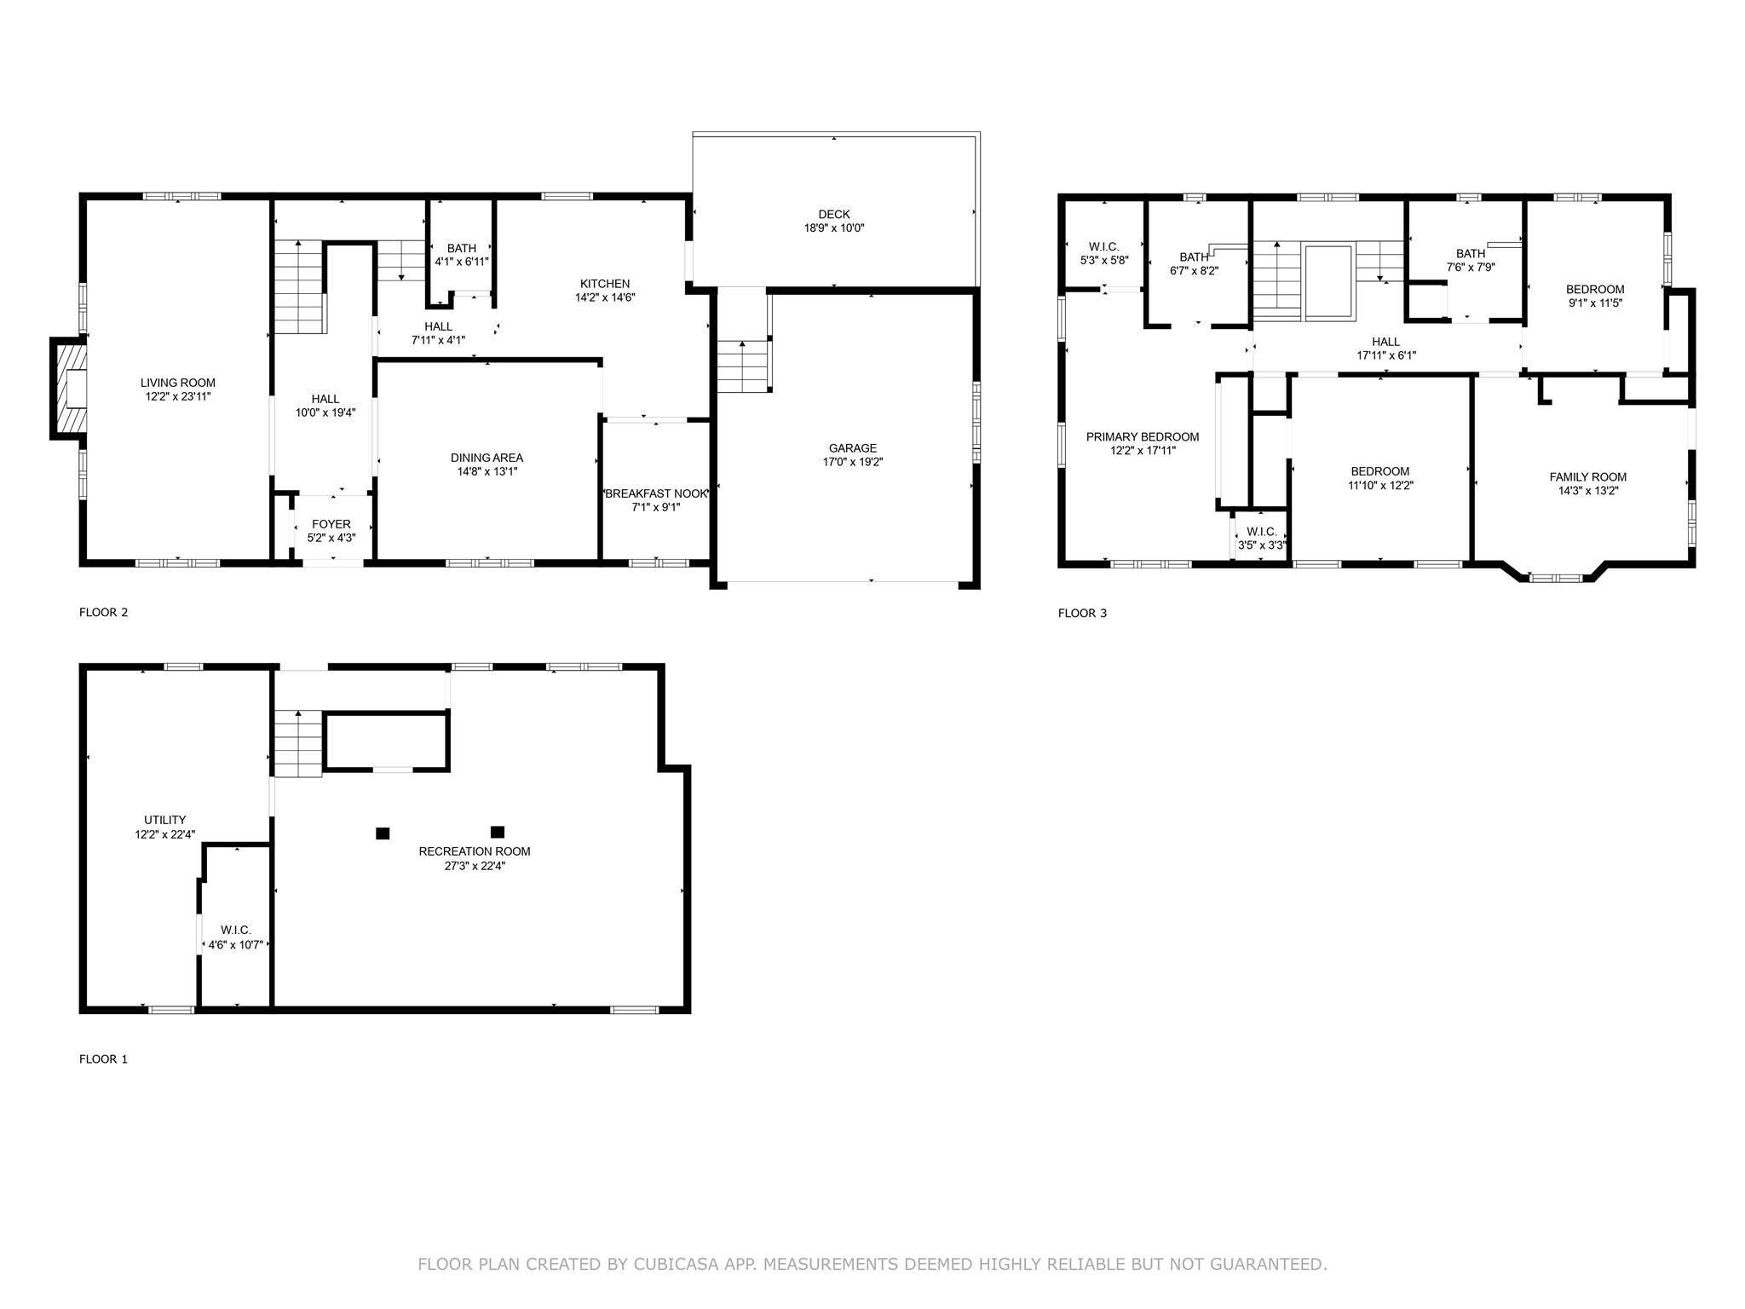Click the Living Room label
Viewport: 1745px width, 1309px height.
pyautogui.click(x=178, y=383)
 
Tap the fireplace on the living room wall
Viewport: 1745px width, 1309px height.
pyautogui.click(x=68, y=389)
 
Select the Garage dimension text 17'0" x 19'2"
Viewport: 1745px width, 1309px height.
pyautogui.click(x=853, y=462)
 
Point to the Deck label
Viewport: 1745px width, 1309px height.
pyautogui.click(x=834, y=215)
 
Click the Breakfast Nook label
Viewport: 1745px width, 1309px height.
pyautogui.click(x=656, y=494)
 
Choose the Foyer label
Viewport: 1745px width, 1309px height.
pyautogui.click(x=331, y=525)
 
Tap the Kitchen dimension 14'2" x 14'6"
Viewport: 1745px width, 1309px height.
pyautogui.click(x=605, y=297)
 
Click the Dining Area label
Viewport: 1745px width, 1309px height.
pyautogui.click(x=487, y=458)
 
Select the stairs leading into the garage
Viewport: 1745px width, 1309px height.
pyautogui.click(x=744, y=366)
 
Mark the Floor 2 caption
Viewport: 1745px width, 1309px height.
pyautogui.click(x=104, y=612)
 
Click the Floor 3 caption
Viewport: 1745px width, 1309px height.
pyautogui.click(x=1083, y=613)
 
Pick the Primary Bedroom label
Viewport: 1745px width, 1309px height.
pyautogui.click(x=1143, y=437)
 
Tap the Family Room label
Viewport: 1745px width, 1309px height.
pyautogui.click(x=1588, y=477)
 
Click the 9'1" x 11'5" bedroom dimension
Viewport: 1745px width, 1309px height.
pyautogui.click(x=1595, y=303)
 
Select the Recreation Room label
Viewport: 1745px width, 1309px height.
pyautogui.click(x=475, y=851)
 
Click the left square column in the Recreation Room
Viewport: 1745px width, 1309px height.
pyautogui.click(x=383, y=833)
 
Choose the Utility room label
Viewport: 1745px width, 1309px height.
pyautogui.click(x=165, y=821)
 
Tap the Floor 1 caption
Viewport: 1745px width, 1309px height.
pyautogui.click(x=103, y=1059)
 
